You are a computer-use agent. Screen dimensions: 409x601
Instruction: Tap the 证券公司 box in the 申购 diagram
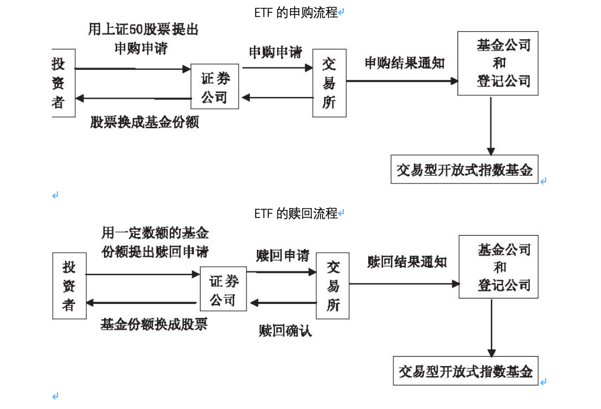pos(215,87)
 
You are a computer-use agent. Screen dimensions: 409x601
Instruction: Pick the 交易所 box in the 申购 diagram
pos(329,83)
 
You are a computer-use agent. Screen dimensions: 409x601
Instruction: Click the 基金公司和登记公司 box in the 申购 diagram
pos(498,63)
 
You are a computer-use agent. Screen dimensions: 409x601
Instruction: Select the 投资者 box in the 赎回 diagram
pos(69,286)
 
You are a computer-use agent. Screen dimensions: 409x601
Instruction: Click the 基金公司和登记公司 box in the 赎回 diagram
pos(498,267)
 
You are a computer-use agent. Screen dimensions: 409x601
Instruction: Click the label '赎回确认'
pos(285,331)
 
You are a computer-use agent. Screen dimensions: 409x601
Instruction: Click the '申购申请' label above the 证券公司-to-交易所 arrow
pos(275,52)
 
